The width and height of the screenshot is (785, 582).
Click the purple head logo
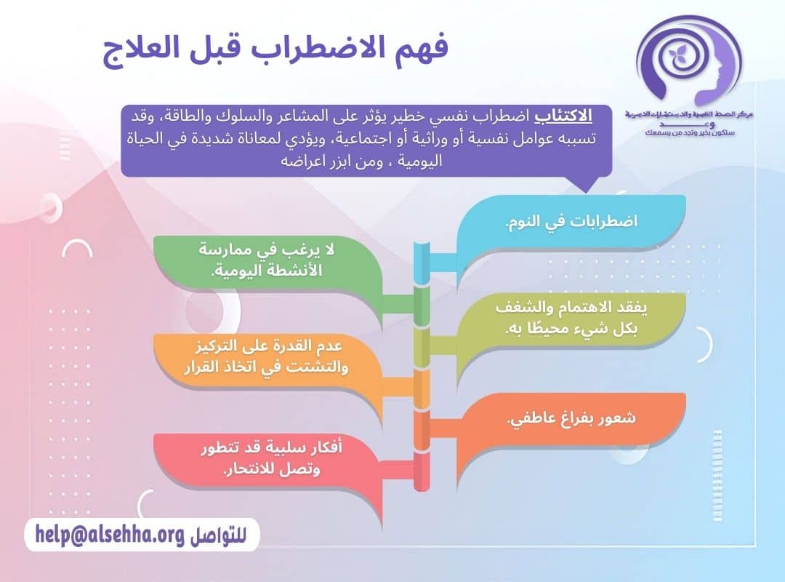pos(688,62)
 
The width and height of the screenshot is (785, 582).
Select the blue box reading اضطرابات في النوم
pos(571,222)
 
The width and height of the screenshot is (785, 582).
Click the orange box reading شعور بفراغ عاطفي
pos(571,419)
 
